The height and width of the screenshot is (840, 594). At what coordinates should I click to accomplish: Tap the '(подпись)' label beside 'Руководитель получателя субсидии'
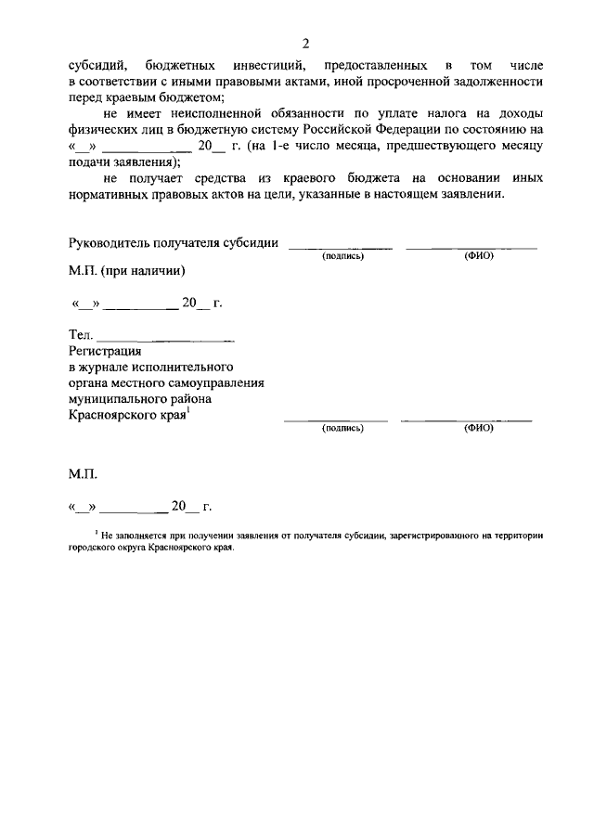click(342, 256)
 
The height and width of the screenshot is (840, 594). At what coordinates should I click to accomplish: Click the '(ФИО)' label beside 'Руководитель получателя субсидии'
click(478, 256)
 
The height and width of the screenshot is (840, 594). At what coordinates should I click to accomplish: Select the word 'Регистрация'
click(105, 351)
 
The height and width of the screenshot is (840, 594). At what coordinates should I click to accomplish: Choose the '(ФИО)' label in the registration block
click(478, 429)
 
